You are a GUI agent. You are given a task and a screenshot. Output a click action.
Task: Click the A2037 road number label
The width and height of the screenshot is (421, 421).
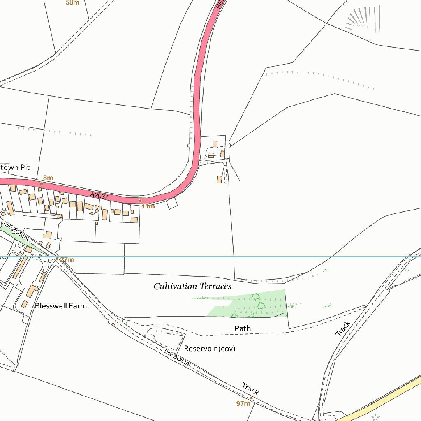point(99,197)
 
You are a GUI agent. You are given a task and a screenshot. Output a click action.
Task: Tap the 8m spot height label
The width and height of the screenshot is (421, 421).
point(48,178)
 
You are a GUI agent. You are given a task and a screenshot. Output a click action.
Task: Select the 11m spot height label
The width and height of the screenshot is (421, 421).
point(148,206)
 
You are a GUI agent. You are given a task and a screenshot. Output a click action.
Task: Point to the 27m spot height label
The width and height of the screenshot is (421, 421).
point(67,260)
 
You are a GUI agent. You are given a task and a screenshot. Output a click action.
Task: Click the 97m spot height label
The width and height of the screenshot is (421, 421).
point(243,404)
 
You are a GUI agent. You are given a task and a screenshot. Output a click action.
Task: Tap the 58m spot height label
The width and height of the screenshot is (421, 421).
point(72,2)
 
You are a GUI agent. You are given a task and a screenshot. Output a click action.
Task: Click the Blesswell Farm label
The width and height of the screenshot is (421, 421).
point(61,306)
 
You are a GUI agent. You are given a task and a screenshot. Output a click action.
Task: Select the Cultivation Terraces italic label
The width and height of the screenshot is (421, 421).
point(192,286)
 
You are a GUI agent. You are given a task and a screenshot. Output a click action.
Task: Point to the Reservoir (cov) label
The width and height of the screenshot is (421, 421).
point(209,349)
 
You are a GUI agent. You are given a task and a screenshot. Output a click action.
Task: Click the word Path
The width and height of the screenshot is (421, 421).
point(243,328)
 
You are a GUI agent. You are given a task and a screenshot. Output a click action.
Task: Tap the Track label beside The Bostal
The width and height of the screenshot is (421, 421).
point(250,388)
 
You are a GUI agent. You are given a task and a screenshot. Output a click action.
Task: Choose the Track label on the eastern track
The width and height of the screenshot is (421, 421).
point(342,328)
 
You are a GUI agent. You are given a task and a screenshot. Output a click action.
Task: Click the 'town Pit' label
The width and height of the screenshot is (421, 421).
point(15,168)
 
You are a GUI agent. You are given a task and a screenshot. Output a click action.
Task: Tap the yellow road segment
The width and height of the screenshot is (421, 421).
point(382,398)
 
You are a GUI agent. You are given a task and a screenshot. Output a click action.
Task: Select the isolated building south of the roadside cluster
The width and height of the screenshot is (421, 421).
point(220,179)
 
